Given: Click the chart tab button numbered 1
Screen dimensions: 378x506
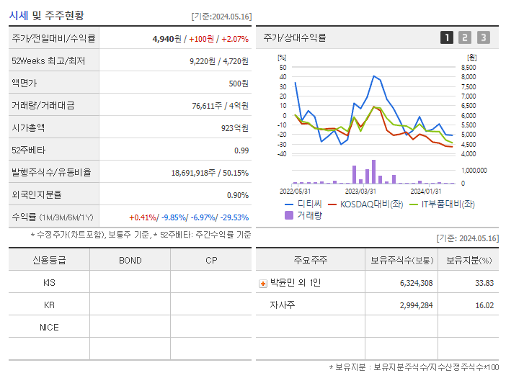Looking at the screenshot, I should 448,37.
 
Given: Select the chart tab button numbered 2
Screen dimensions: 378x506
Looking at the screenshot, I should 465,37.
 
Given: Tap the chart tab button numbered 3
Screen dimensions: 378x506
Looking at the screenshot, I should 483,37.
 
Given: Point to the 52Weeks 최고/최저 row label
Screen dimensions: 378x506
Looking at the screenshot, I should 48,61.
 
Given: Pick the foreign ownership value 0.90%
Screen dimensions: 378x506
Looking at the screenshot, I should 238,194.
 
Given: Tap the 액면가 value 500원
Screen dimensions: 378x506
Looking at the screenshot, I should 239,84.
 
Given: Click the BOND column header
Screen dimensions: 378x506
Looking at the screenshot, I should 130,260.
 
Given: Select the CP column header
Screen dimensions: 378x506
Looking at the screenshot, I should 211,260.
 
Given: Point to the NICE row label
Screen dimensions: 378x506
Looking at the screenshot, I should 49,327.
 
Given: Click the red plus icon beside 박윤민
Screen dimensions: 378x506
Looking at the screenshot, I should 262,283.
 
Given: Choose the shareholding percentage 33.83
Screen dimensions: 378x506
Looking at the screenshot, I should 484,283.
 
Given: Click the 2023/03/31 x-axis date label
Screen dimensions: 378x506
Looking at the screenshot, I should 360,191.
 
